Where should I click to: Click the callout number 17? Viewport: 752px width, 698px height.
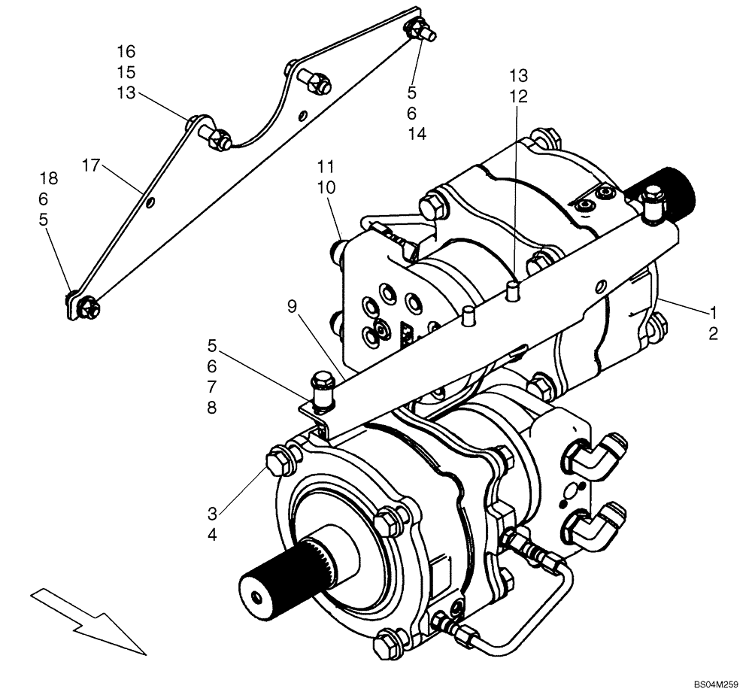click(91, 165)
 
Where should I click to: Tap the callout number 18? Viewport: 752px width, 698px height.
click(48, 178)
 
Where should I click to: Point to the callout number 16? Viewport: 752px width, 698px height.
click(126, 52)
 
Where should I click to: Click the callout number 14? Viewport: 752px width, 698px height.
click(417, 134)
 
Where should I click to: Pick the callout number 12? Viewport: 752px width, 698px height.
click(518, 96)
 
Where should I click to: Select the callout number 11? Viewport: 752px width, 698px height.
click(326, 165)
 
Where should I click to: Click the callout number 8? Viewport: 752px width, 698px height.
click(211, 408)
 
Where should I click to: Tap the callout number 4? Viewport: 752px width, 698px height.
click(212, 535)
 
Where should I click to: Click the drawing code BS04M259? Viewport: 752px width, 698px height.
click(717, 685)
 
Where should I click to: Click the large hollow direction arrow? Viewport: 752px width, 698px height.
click(86, 621)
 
